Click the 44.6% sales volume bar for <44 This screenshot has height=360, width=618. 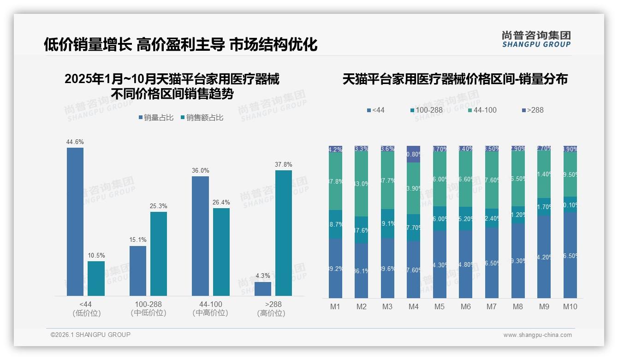[75, 222]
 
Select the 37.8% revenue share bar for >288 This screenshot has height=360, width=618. [284, 233]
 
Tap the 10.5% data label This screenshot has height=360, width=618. [96, 255]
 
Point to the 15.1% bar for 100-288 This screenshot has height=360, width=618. [138, 271]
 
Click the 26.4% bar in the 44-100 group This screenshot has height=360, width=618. [221, 252]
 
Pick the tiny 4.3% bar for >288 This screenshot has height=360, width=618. [263, 289]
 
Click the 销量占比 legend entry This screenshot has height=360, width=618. [156, 118]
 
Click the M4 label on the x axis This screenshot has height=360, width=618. [413, 306]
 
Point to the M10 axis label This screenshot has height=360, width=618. [570, 306]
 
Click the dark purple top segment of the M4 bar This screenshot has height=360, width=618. [414, 154]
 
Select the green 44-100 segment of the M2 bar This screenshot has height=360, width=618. [362, 184]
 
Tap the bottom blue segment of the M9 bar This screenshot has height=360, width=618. [544, 257]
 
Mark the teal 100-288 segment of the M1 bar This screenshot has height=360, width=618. [335, 224]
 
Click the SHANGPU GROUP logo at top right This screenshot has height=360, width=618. [536, 39]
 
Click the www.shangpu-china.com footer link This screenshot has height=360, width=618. [537, 335]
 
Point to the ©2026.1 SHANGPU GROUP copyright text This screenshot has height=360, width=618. [90, 335]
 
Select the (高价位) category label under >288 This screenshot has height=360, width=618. [271, 313]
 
